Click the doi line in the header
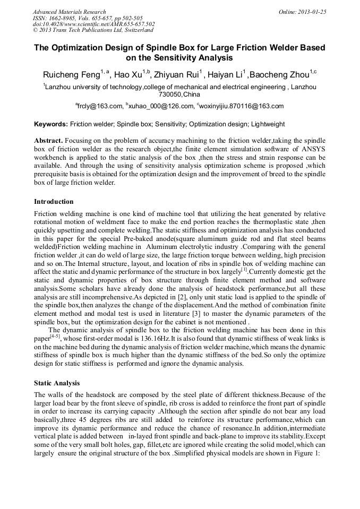(x=93, y=24)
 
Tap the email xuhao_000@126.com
(x=159, y=106)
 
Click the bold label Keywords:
(x=51, y=124)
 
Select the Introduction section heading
(x=54, y=202)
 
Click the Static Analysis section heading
(x=57, y=382)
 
